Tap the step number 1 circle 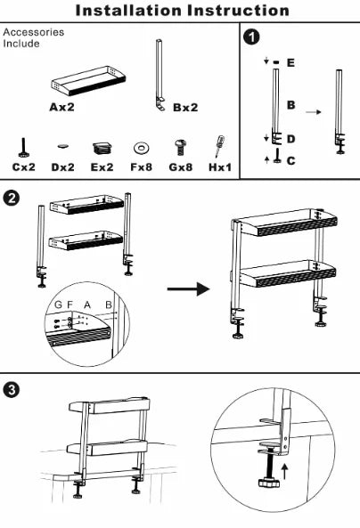click(x=251, y=37)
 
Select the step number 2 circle click(x=11, y=198)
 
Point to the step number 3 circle click(x=11, y=390)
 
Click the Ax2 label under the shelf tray click(x=61, y=107)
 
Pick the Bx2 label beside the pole click(x=185, y=108)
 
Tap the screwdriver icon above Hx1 click(x=220, y=146)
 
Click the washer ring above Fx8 click(x=141, y=148)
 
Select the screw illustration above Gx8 click(x=180, y=148)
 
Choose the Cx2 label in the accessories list click(x=23, y=167)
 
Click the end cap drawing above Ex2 click(x=102, y=148)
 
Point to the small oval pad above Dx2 click(x=62, y=146)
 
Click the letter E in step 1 click(x=290, y=62)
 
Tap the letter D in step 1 click(x=290, y=139)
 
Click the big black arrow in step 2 click(x=189, y=288)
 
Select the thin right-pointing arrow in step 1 click(x=314, y=112)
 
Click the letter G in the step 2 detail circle click(x=58, y=305)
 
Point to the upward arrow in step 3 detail click(x=285, y=471)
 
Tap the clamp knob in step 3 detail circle click(x=269, y=483)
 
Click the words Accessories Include click(x=33, y=37)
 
